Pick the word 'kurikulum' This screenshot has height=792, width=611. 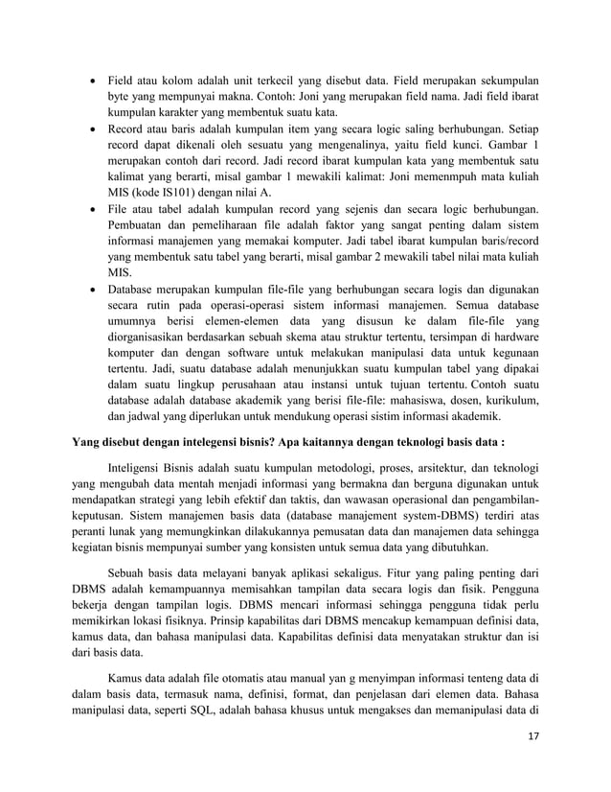click(x=509, y=400)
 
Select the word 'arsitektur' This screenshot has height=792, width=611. click(x=426, y=470)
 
